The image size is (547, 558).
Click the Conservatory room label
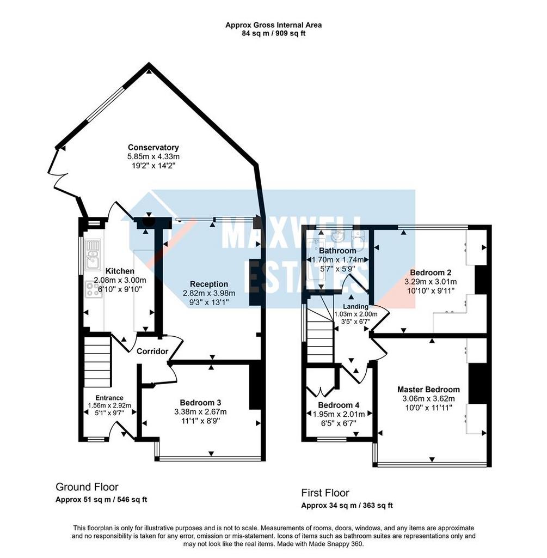tap(153, 147)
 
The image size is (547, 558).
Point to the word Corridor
tap(152, 351)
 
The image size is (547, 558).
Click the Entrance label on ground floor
tap(109, 398)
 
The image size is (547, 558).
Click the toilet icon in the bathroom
tap(358, 238)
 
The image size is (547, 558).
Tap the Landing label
tap(355, 306)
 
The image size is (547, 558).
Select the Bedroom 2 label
tap(430, 272)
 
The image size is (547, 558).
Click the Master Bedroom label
tap(428, 389)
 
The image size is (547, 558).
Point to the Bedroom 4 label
tap(339, 405)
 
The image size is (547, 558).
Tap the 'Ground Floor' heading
tap(87, 487)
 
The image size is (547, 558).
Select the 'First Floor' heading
tap(325, 493)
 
